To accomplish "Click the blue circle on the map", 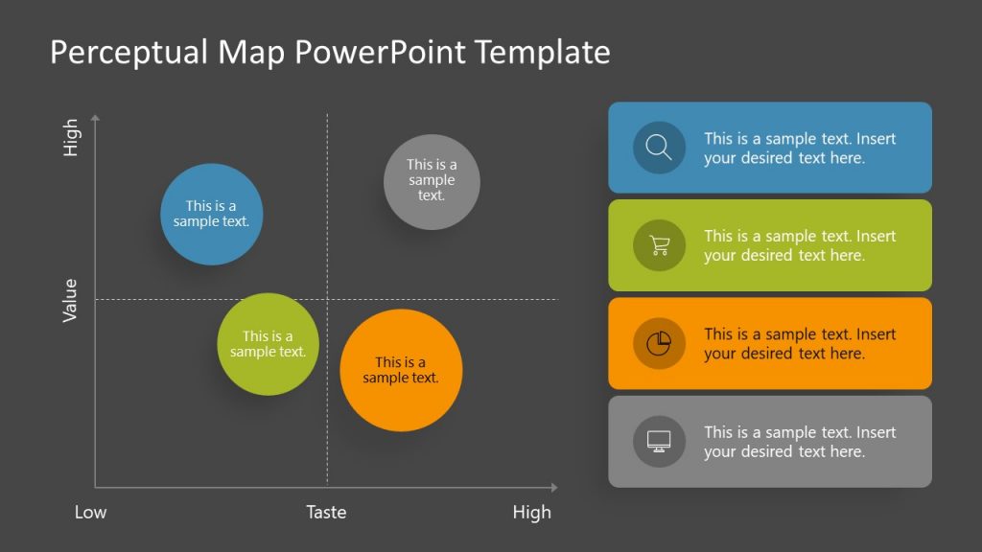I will point(211,215).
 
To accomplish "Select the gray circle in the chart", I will point(432,182).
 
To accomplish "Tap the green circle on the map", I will point(268,344).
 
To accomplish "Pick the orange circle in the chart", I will point(401,370).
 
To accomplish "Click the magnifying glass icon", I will point(659,148).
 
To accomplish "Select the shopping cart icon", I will point(659,245).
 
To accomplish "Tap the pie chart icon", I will point(659,343).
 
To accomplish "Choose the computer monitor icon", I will point(659,441).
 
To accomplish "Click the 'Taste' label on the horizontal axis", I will point(326,513).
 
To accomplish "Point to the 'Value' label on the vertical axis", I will point(70,300).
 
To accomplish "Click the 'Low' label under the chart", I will point(91,513).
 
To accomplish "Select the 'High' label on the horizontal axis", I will point(531,513).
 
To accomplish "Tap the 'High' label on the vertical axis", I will point(70,138).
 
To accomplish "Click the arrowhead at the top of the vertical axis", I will point(95,119).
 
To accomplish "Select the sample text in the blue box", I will point(800,148).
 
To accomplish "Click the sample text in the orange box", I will point(800,343).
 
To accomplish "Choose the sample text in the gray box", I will point(800,441).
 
